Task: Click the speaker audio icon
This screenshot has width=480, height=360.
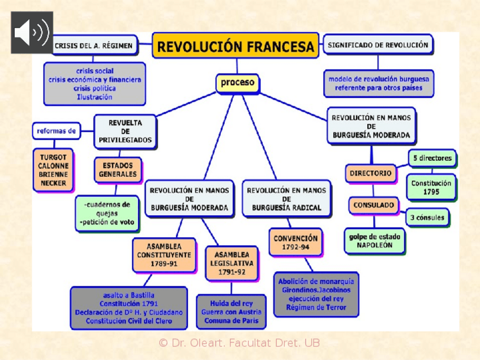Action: pyautogui.click(x=32, y=32)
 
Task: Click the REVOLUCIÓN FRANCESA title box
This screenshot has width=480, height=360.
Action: pyautogui.click(x=235, y=46)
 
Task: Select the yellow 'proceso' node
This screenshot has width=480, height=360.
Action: pyautogui.click(x=237, y=83)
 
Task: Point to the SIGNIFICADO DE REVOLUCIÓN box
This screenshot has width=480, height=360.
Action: pyautogui.click(x=378, y=45)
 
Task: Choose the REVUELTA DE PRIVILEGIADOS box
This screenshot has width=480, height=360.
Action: pyautogui.click(x=125, y=131)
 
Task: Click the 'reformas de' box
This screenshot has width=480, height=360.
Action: pyautogui.click(x=56, y=131)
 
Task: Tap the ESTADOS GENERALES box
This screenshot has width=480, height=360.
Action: pyautogui.click(x=118, y=170)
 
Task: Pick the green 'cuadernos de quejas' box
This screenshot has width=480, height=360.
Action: pyautogui.click(x=107, y=213)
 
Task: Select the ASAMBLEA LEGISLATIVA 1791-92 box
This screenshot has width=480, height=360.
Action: pyautogui.click(x=232, y=263)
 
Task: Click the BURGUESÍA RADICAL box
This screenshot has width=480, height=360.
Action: pyautogui.click(x=286, y=199)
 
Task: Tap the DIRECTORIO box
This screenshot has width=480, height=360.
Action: pyautogui.click(x=371, y=173)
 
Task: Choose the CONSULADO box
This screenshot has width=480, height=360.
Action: pyautogui.click(x=374, y=205)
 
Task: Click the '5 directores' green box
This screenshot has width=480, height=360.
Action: pyautogui.click(x=432, y=158)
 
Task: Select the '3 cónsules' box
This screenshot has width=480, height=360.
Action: pyautogui.click(x=427, y=217)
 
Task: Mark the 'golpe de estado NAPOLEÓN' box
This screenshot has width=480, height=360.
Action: pyautogui.click(x=374, y=241)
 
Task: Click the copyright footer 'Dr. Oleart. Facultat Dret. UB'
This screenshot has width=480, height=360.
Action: pyautogui.click(x=239, y=343)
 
